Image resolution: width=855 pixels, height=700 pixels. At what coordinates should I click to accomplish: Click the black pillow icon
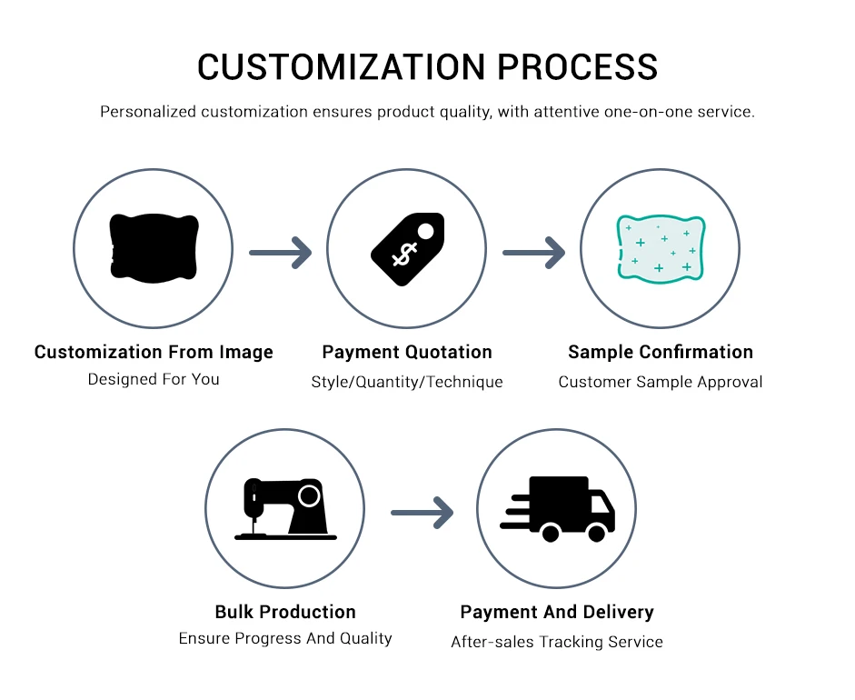tap(154, 247)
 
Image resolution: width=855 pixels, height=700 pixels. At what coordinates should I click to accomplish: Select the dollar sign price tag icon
tap(407, 250)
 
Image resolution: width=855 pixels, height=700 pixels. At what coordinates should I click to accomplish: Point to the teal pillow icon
tap(661, 248)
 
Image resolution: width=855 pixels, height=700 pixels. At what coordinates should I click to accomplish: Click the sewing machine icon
tap(285, 508)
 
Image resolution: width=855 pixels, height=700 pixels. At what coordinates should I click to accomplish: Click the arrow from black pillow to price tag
tap(280, 252)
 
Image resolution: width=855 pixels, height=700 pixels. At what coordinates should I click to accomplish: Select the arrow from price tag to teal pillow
tap(533, 252)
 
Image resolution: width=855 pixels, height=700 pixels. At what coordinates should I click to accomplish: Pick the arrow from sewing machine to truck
tap(422, 513)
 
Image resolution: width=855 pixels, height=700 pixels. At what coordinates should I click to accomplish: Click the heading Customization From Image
tap(154, 352)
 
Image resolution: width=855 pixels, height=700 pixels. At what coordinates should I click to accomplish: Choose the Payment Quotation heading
tap(407, 352)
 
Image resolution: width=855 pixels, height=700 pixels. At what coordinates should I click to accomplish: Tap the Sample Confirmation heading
tap(661, 352)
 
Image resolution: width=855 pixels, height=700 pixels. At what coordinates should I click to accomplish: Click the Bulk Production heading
tap(285, 612)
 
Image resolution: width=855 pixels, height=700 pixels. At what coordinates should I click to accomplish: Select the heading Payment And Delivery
tap(557, 612)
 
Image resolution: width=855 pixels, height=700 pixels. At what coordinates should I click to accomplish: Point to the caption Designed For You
tap(154, 379)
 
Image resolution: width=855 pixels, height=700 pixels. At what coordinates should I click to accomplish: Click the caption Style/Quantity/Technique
tap(407, 382)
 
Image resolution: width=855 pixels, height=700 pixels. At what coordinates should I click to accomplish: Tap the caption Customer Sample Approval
tap(661, 382)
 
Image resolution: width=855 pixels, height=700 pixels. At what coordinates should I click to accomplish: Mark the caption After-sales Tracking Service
tap(557, 642)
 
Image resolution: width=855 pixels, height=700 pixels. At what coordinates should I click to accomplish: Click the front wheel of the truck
tap(597, 534)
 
